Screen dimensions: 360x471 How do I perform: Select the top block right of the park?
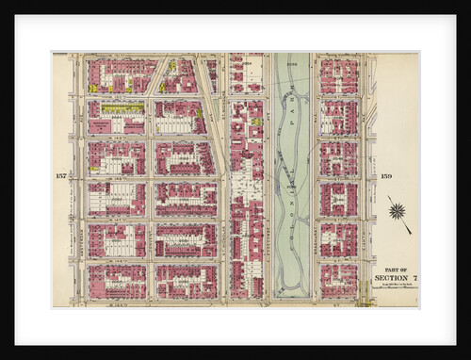pos(338,75)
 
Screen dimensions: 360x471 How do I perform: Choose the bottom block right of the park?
pos(338,280)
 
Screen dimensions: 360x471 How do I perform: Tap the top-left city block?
pos(117,75)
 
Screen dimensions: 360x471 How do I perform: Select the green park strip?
pos(291,179)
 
